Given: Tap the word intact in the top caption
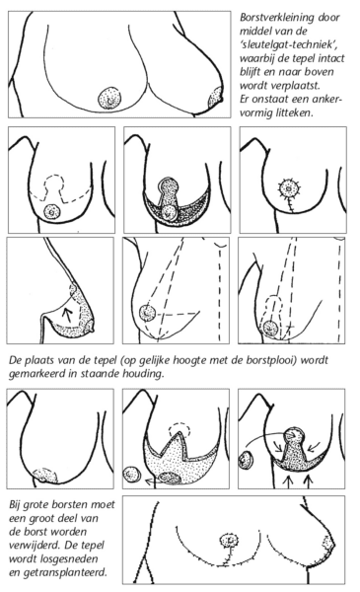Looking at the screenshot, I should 327,64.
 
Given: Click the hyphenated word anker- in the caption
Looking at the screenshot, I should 333,96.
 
